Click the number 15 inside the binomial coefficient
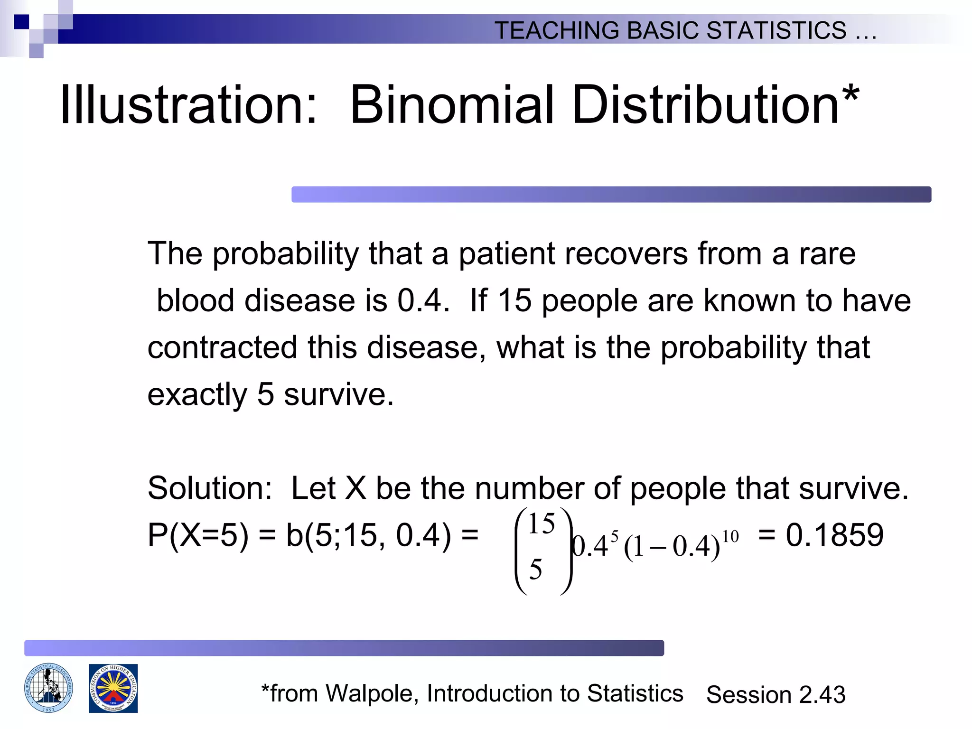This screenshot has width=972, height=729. click(541, 524)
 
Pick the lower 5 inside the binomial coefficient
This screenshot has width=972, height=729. click(535, 570)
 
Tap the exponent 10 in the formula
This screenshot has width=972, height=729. click(730, 537)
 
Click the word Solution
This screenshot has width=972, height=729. click(209, 489)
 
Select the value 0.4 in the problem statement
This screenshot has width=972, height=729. click(422, 301)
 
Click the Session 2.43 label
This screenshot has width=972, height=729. click(776, 695)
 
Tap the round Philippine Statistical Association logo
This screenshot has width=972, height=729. click(48, 688)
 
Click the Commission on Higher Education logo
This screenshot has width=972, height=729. click(113, 688)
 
